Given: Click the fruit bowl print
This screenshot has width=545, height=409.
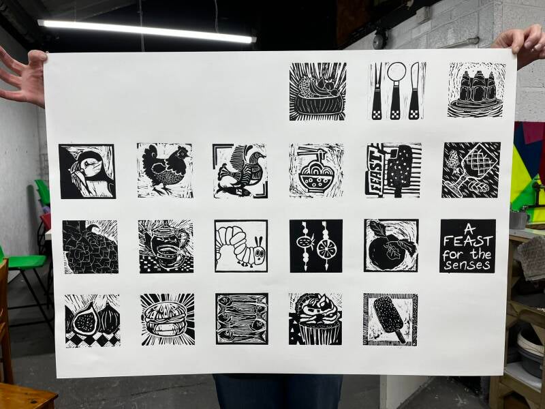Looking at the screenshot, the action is tap(317, 92).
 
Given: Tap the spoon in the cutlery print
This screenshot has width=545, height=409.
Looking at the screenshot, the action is tap(396, 91).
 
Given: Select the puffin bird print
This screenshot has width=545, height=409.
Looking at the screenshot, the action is tap(87, 171).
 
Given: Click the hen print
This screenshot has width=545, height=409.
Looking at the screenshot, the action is tap(165, 170).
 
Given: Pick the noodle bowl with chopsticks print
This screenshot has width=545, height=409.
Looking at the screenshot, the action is tap(316, 170).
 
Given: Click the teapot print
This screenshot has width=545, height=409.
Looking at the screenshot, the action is tap(166, 246).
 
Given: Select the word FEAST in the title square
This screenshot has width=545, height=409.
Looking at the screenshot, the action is tap(468, 241).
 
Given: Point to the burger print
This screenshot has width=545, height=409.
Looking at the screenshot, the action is tap(168, 320).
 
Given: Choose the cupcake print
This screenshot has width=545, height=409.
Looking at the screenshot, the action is tap(315, 319).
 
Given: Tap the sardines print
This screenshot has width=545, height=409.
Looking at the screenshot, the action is tap(242, 319).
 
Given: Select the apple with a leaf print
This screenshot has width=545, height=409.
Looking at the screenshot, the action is tap(391, 245).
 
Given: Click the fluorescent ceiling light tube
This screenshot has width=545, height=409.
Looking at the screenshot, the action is tap(146, 31).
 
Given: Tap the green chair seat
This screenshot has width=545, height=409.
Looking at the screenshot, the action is tap(26, 262).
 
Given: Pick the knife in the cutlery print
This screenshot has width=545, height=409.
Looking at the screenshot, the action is tap(414, 91).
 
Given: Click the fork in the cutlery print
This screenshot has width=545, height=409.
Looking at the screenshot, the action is tap(377, 91).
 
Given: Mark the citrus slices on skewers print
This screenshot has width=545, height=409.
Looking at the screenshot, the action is tap(316, 246).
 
